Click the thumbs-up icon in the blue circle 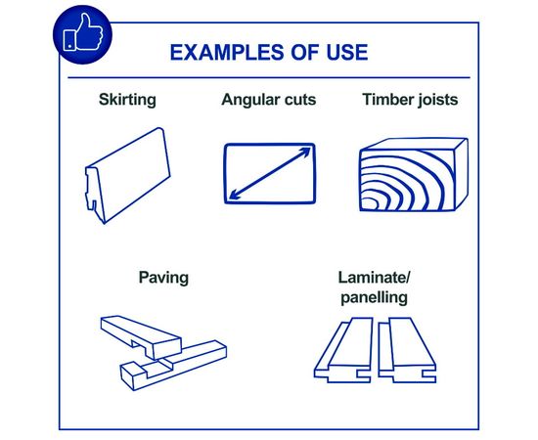(83, 33)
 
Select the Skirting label (127, 100)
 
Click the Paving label (163, 278)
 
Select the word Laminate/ (375, 278)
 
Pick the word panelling (375, 297)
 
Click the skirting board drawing (127, 175)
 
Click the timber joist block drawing (414, 175)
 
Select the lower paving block (173, 366)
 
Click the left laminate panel (343, 350)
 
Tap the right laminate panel (407, 350)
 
